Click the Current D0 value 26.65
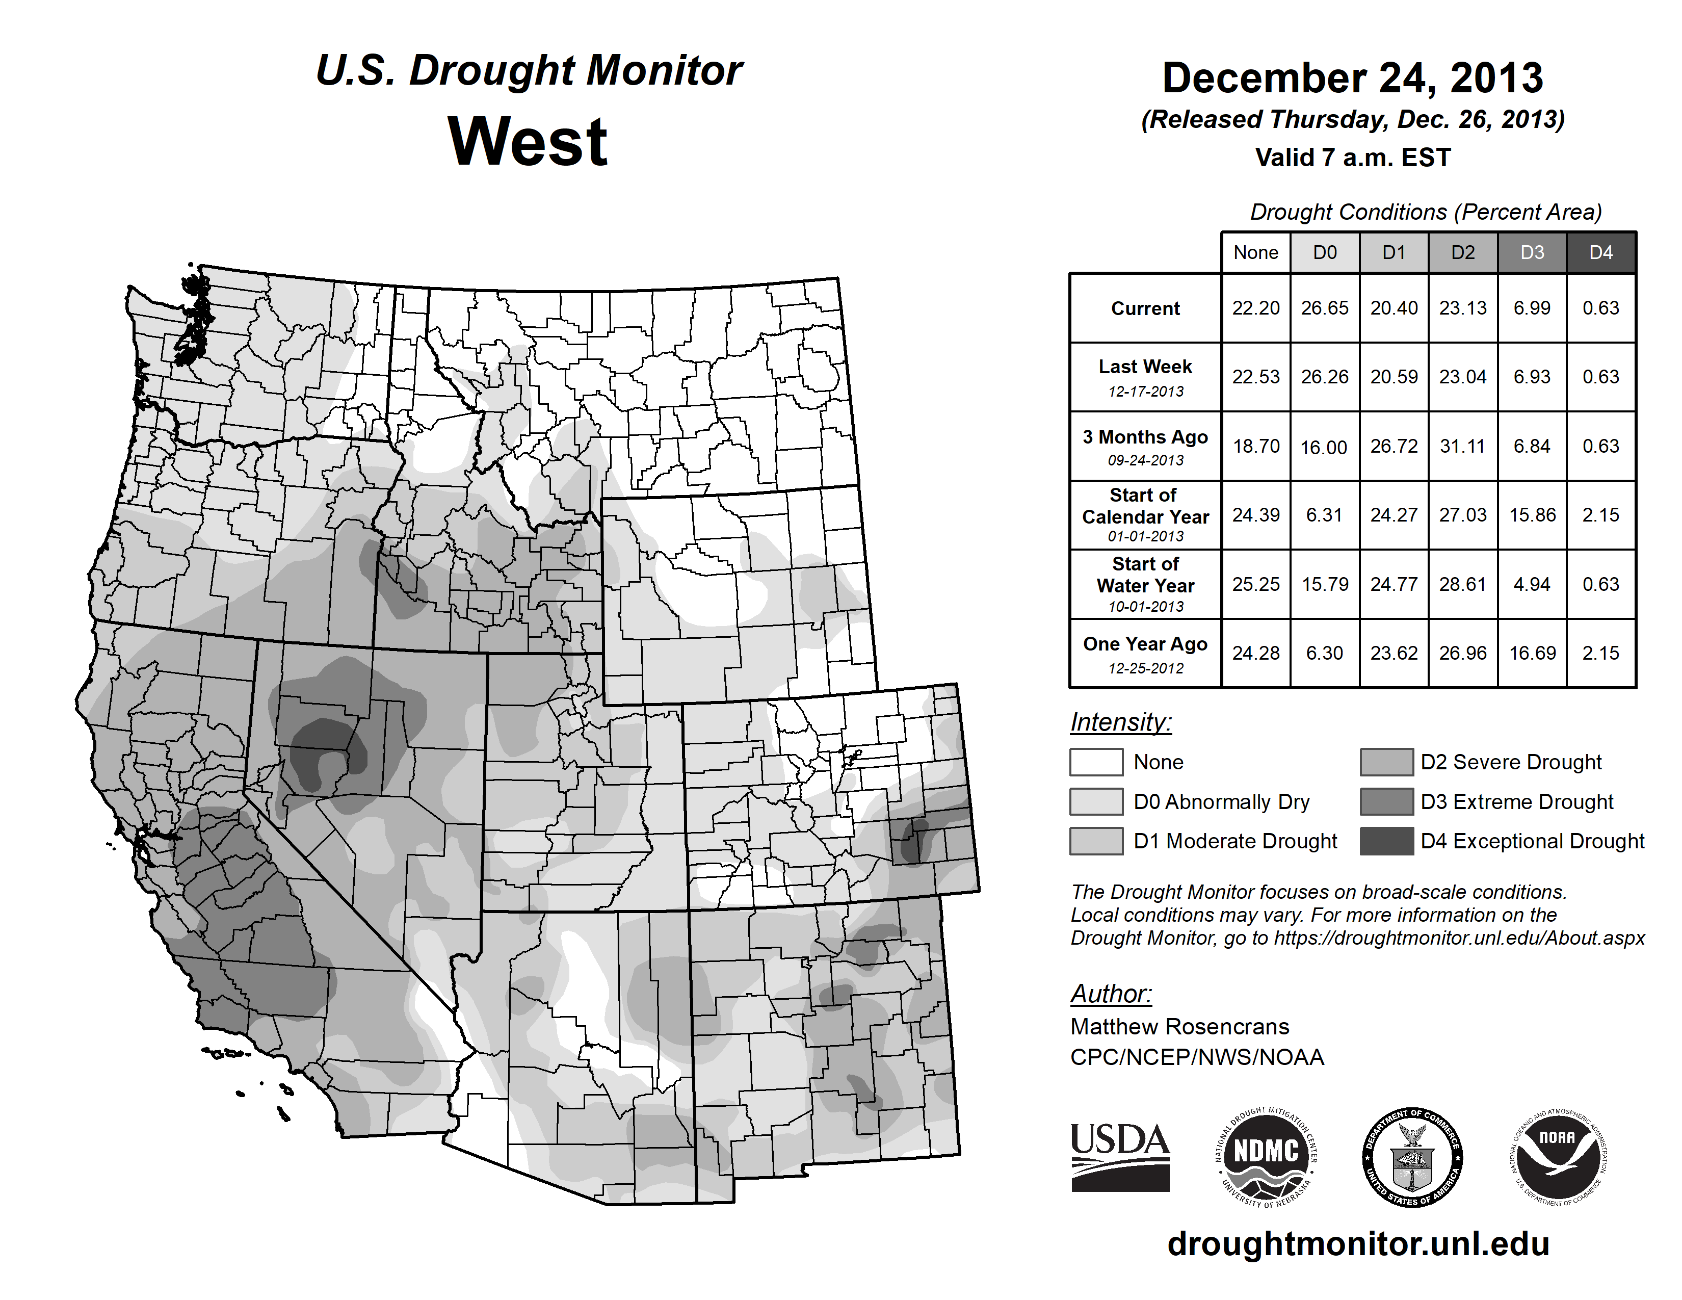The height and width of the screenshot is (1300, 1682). (1325, 308)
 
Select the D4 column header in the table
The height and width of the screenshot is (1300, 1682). (1600, 252)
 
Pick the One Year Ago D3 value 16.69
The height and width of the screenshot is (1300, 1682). (1532, 653)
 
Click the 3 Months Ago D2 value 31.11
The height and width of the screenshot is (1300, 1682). (1462, 446)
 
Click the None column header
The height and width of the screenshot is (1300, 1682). (1255, 252)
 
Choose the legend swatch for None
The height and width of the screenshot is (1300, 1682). (1096, 762)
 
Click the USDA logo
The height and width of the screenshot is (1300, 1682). (1120, 1157)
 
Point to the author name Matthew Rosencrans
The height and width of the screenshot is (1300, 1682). (1179, 1027)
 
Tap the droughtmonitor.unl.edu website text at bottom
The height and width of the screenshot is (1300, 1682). (1358, 1244)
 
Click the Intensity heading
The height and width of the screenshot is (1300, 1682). (1120, 722)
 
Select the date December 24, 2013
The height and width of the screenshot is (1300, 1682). (1352, 78)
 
